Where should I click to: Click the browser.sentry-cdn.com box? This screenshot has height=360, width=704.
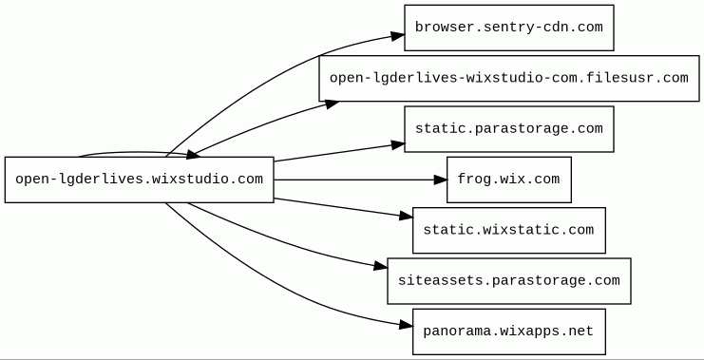click(x=508, y=28)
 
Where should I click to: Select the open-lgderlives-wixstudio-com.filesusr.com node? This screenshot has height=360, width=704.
click(x=508, y=79)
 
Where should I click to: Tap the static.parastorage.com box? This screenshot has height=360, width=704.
click(x=508, y=129)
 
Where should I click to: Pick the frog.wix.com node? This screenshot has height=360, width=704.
click(x=508, y=180)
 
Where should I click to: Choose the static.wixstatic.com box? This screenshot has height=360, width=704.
click(x=508, y=230)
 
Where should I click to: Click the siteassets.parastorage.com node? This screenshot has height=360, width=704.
click(x=508, y=281)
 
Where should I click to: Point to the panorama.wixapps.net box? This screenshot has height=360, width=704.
click(x=508, y=332)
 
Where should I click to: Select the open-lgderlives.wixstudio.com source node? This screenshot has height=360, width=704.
click(x=139, y=180)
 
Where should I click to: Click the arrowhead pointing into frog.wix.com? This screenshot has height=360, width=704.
click(x=441, y=180)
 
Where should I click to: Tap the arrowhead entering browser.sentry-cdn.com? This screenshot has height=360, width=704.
click(x=398, y=36)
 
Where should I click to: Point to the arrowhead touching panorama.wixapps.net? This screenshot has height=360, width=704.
click(x=406, y=326)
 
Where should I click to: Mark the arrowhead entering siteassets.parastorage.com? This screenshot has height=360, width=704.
click(x=380, y=266)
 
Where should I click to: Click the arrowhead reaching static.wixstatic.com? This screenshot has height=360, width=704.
click(x=406, y=217)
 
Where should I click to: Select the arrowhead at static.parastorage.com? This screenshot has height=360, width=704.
click(x=398, y=144)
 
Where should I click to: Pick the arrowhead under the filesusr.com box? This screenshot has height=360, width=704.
click(x=332, y=104)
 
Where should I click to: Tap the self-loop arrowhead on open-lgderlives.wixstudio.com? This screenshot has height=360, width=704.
click(x=193, y=155)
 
